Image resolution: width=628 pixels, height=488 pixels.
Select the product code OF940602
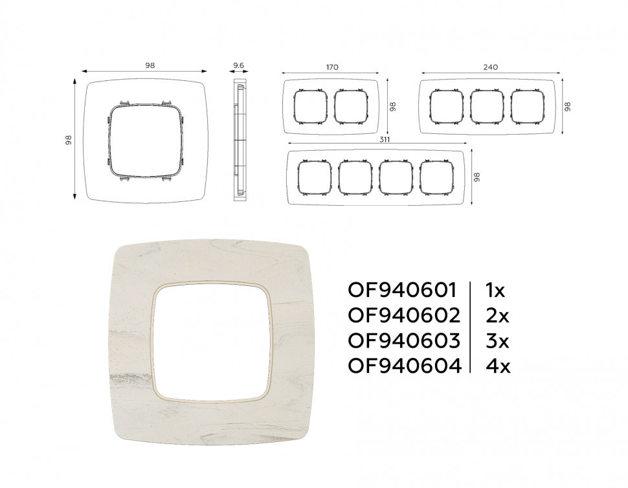pos(404,315)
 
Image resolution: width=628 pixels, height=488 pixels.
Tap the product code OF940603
pos(404,340)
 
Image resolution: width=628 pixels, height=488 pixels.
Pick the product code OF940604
pos(405,366)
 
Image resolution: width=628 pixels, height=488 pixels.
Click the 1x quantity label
pos(495,291)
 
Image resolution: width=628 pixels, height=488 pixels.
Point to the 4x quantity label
pos(497,366)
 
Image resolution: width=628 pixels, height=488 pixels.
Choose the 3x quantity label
pos(497,340)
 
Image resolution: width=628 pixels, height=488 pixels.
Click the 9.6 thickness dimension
pos(239,65)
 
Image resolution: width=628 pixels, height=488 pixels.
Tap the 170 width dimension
pos(332,67)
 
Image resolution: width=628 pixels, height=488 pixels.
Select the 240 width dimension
pos(490,67)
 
